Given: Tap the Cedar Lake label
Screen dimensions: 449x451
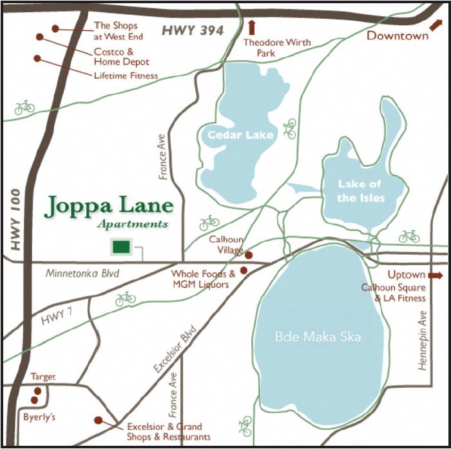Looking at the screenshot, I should pos(240,135).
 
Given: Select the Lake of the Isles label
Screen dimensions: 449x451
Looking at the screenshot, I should pos(360,191).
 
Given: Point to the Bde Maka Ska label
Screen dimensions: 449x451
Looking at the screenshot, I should pos(318,336).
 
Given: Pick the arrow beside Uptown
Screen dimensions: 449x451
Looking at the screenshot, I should pos(436,275).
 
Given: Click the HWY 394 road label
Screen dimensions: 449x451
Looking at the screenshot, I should pos(192,30).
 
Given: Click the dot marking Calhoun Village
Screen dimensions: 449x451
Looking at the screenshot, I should pos(249,255).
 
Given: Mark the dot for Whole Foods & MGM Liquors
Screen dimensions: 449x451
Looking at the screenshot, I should pos(244,270).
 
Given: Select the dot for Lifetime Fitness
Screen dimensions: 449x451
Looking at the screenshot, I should pos(37,58).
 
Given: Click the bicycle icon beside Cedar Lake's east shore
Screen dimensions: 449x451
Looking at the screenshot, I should pos(290,128).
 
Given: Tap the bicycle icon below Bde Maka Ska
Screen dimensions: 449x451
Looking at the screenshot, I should pos(245,426).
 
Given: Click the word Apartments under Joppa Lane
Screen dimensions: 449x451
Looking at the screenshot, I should pos(133,224).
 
